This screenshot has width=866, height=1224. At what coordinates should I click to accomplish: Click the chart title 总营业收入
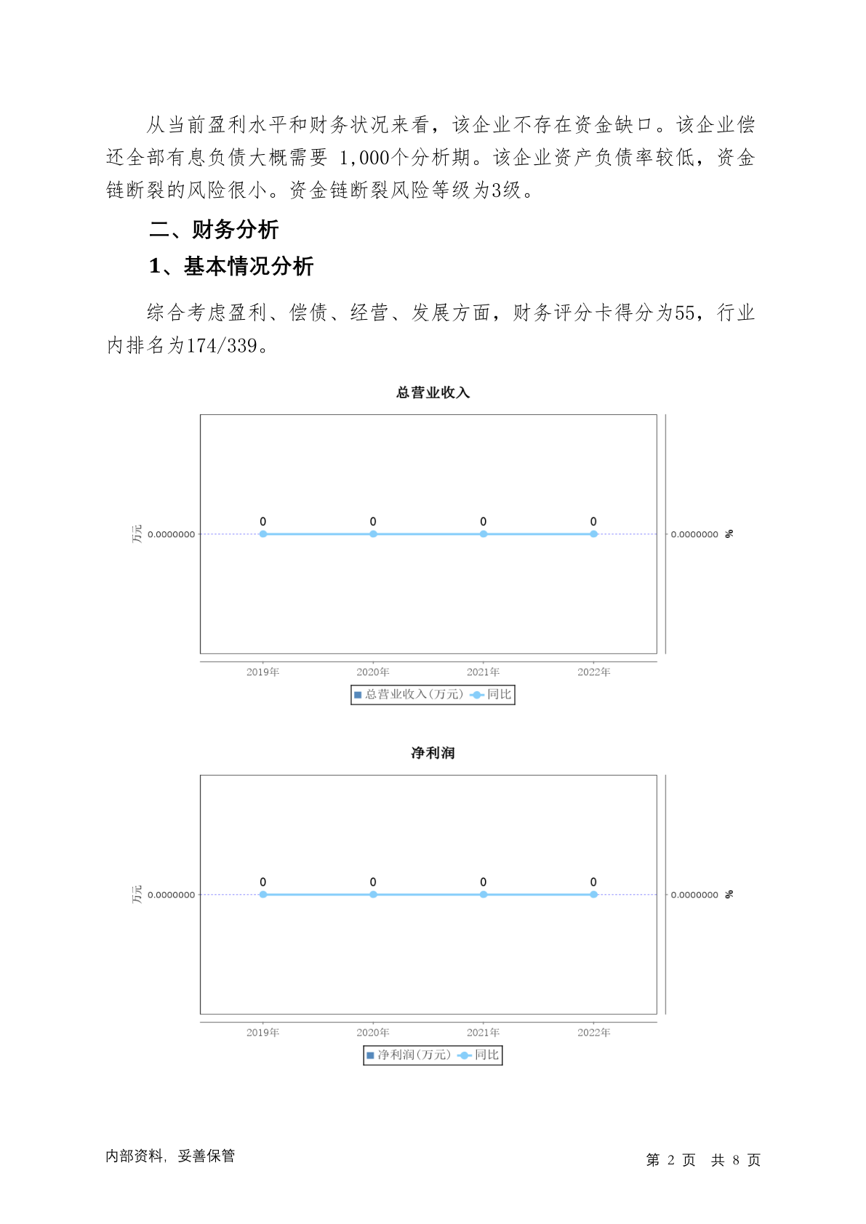coord(433,392)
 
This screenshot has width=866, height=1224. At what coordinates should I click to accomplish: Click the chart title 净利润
coord(433,752)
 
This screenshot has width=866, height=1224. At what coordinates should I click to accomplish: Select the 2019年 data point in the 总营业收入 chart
coord(263,534)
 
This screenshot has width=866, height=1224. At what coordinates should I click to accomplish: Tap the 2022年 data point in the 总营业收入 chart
coord(594,534)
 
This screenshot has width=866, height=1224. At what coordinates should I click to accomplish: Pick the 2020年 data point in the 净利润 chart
coord(373,895)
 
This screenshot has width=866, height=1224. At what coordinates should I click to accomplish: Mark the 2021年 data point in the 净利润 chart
coord(484,895)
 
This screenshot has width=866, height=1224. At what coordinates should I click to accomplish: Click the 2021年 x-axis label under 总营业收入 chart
coord(484,672)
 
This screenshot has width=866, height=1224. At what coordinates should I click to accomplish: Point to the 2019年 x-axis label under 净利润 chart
coord(263,1032)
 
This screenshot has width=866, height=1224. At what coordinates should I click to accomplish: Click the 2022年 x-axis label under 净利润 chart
coord(594,1032)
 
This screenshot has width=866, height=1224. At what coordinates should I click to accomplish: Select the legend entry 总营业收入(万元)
coord(409,695)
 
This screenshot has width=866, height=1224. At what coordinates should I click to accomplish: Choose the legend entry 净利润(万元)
coord(409,1055)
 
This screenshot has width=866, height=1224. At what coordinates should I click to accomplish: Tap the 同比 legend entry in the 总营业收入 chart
coord(491,695)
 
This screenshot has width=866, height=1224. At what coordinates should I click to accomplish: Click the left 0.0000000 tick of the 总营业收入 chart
coord(171,534)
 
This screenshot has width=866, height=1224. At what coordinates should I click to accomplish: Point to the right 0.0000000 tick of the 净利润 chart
coord(694,895)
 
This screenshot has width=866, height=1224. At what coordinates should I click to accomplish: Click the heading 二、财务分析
coord(214,230)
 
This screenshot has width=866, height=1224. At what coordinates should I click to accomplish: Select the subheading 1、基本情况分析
coord(230,266)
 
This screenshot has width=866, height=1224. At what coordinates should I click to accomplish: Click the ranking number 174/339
coord(222,345)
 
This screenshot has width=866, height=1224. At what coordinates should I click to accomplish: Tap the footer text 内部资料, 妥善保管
coord(170,1156)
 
